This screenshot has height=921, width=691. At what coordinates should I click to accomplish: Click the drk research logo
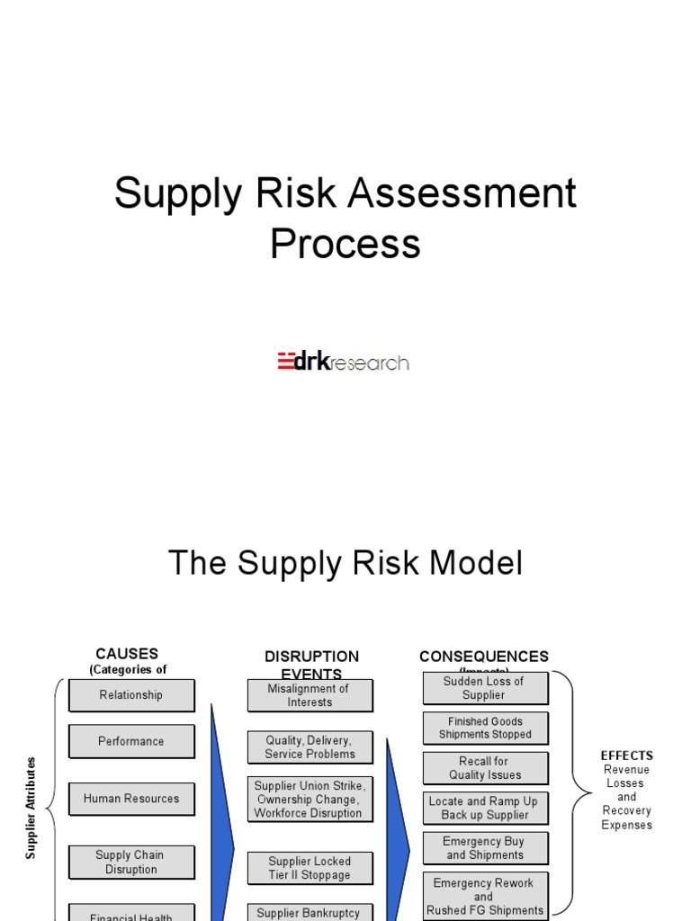343,362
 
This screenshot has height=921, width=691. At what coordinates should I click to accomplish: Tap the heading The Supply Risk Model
345,564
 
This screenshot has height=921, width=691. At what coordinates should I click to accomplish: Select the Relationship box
131,695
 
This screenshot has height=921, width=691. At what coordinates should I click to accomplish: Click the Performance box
131,742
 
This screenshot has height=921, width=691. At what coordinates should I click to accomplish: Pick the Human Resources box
131,799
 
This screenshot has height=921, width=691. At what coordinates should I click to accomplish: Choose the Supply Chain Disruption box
131,863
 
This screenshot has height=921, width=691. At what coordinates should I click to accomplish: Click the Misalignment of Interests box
310,695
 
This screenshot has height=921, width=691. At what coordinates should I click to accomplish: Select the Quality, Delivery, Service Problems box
310,747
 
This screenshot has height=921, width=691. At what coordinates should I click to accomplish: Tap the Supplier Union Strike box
310,800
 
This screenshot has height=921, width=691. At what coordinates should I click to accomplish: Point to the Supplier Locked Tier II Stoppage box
310,868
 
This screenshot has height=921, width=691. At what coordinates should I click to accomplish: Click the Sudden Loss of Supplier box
485,688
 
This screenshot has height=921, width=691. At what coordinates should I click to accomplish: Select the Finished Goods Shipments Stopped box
485,728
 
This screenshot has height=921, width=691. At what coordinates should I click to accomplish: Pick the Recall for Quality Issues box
485,768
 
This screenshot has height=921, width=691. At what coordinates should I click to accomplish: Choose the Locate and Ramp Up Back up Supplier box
485,808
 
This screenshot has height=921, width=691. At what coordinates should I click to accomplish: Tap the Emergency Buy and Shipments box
485,848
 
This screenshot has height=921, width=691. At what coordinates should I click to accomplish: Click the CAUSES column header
127,654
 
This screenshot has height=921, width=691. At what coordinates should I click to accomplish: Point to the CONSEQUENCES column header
484,657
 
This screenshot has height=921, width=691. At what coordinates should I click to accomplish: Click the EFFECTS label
627,756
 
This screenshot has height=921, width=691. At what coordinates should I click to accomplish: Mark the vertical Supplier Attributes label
31,808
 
